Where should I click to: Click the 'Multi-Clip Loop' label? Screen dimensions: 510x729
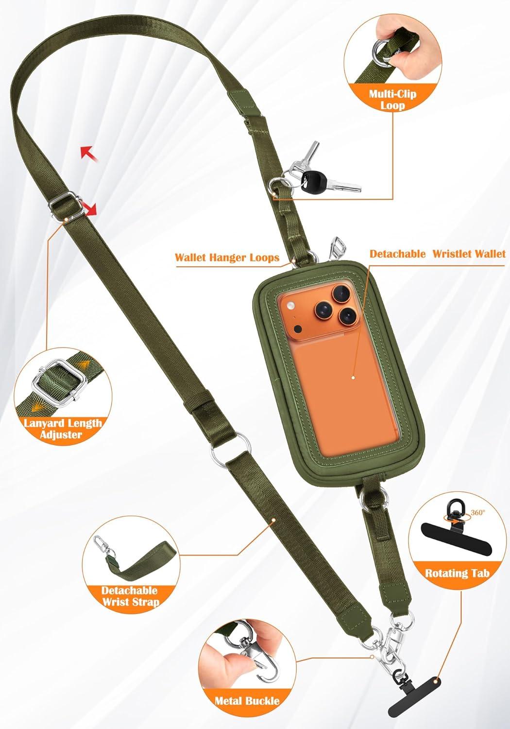point(392,100)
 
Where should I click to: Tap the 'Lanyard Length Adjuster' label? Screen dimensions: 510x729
point(63,429)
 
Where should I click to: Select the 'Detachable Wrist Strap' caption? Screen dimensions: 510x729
point(130,596)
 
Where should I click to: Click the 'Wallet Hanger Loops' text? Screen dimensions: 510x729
point(227,258)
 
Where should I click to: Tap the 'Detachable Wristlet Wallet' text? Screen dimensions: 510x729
point(438,254)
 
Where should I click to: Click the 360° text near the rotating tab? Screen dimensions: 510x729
point(478,512)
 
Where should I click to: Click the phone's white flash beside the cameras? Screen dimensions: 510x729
point(290,306)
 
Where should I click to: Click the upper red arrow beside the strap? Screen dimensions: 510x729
point(89,153)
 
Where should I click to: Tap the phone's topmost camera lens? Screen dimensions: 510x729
point(341,293)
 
